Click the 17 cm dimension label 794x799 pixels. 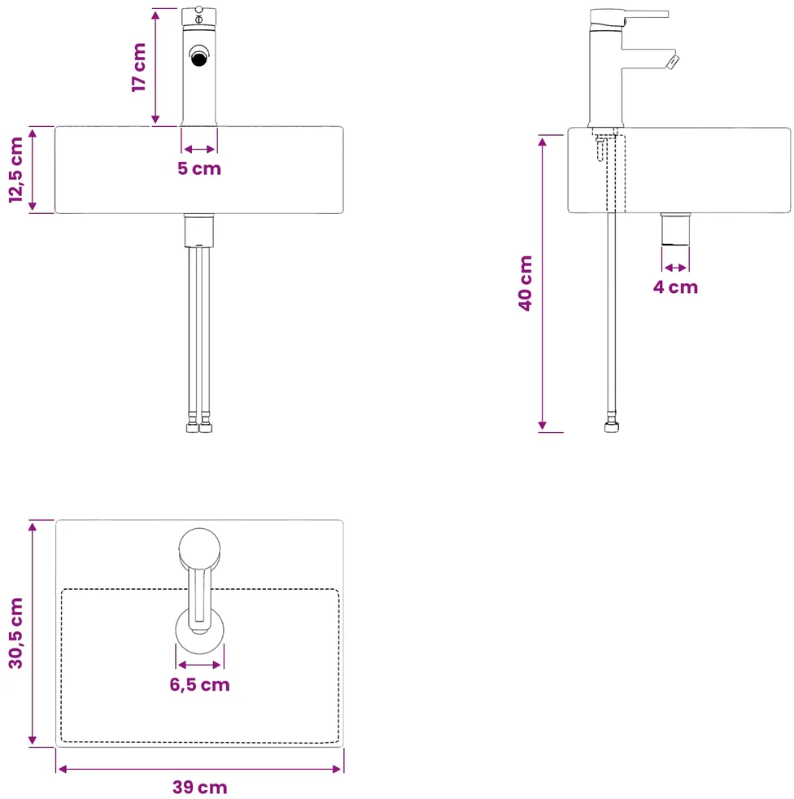click(x=138, y=68)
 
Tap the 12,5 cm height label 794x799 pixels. click(x=15, y=170)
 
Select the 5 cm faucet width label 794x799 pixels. click(x=199, y=168)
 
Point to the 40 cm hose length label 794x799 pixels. click(x=525, y=283)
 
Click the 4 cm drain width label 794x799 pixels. click(x=675, y=287)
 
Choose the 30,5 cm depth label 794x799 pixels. click(x=15, y=633)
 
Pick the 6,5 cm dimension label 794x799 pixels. click(x=200, y=684)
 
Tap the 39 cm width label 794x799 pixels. click(x=200, y=788)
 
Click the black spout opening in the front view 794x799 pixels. click(x=198, y=58)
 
